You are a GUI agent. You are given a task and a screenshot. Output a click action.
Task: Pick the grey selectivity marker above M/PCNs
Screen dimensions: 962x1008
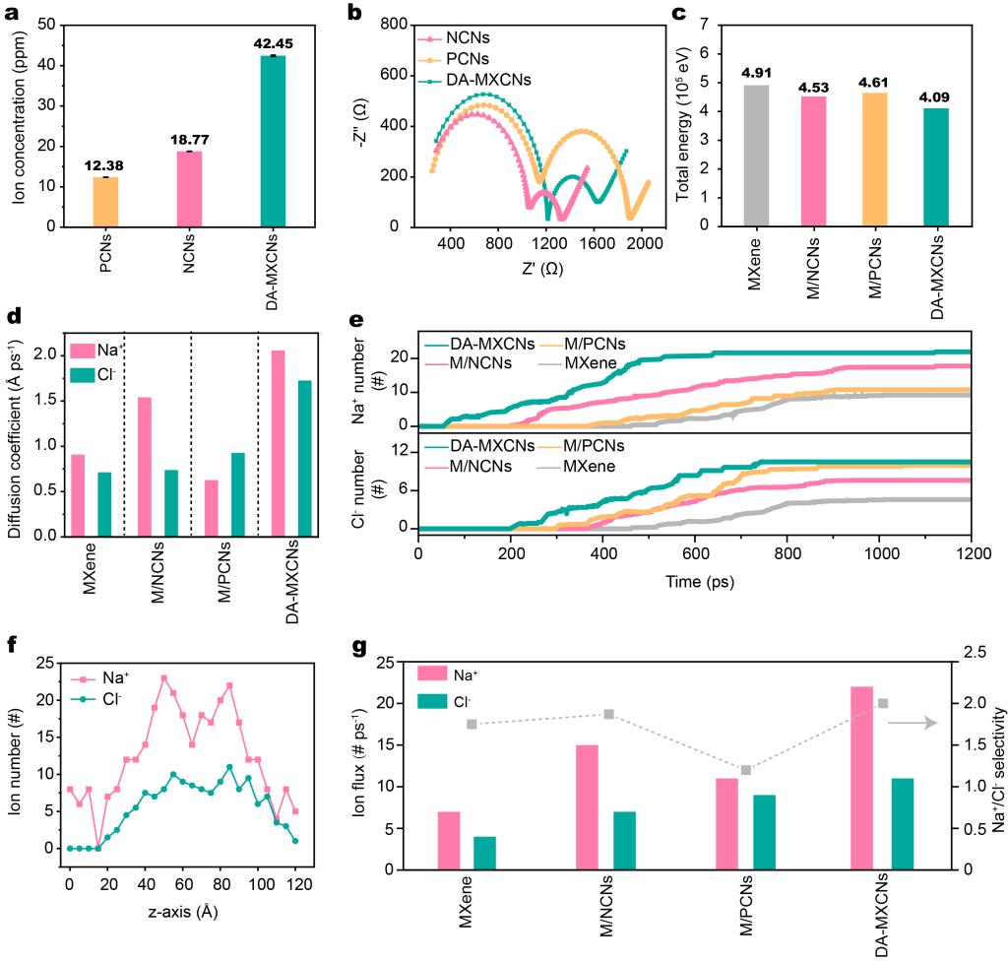[x=746, y=770]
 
